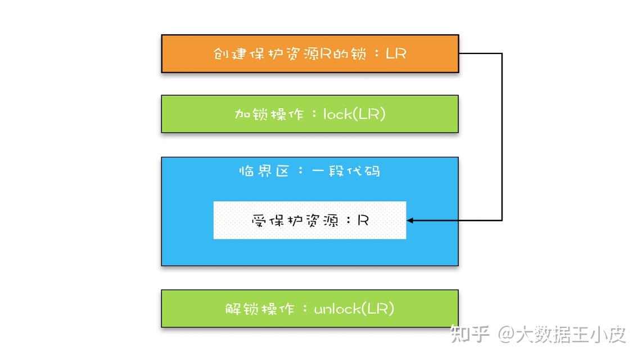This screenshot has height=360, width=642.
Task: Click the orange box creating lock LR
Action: click(x=310, y=53)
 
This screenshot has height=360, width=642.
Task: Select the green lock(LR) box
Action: click(x=310, y=114)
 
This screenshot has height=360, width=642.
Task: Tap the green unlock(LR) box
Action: click(x=310, y=308)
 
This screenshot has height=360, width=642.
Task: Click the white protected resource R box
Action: click(x=310, y=220)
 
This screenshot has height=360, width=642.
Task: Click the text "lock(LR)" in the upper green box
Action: click(x=355, y=114)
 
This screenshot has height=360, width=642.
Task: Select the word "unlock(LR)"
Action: click(x=354, y=308)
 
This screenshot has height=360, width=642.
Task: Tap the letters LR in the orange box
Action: click(x=396, y=53)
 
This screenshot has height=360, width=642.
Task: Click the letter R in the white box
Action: click(x=363, y=220)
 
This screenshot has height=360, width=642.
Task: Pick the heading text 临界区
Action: click(x=264, y=171)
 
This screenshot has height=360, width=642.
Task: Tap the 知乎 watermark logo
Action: click(x=469, y=334)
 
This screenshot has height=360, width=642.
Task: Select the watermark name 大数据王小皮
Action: click(x=571, y=334)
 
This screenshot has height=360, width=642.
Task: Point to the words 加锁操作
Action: click(x=269, y=114)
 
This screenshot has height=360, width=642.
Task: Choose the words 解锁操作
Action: click(x=260, y=308)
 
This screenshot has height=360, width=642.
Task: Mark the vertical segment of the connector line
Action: click(x=502, y=137)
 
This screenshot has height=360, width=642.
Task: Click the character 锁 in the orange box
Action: click(x=358, y=53)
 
